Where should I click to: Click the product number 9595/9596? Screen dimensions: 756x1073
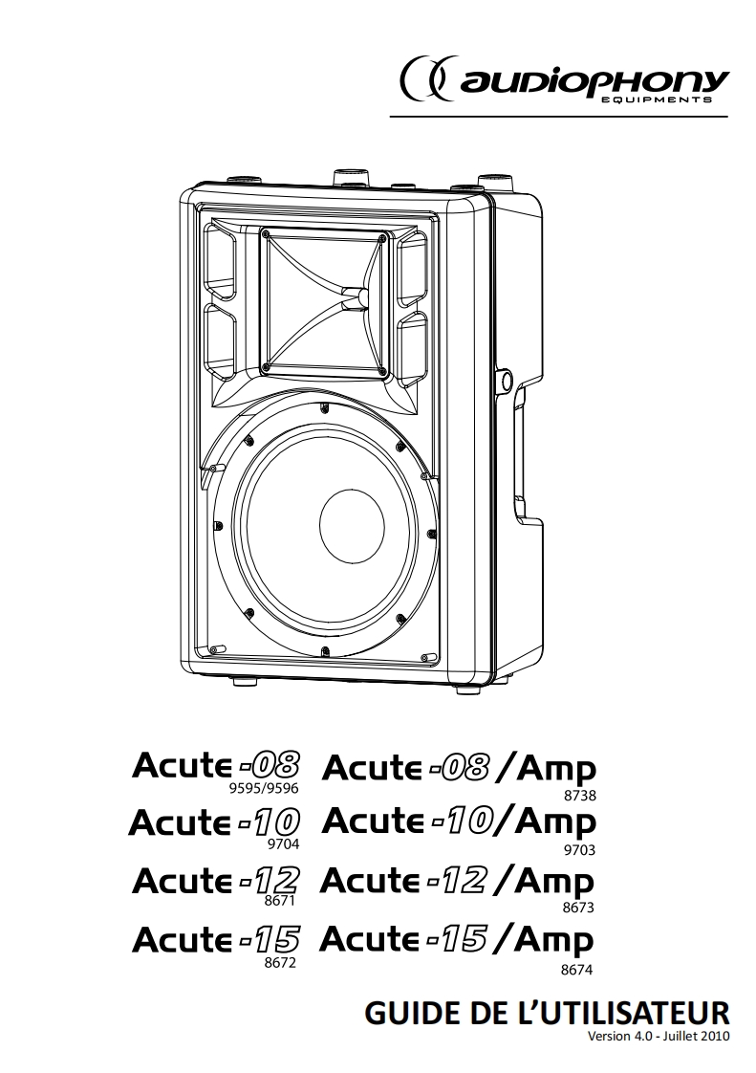pyautogui.click(x=264, y=788)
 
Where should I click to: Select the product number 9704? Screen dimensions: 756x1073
pyautogui.click(x=283, y=844)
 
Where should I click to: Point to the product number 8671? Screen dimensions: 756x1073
pyautogui.click(x=280, y=901)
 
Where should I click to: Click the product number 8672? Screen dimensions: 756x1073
pyautogui.click(x=280, y=963)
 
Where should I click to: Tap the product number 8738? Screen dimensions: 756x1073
pyautogui.click(x=579, y=796)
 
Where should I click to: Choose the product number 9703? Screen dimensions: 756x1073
pyautogui.click(x=578, y=850)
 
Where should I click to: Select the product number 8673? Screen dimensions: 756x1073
pyautogui.click(x=577, y=909)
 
